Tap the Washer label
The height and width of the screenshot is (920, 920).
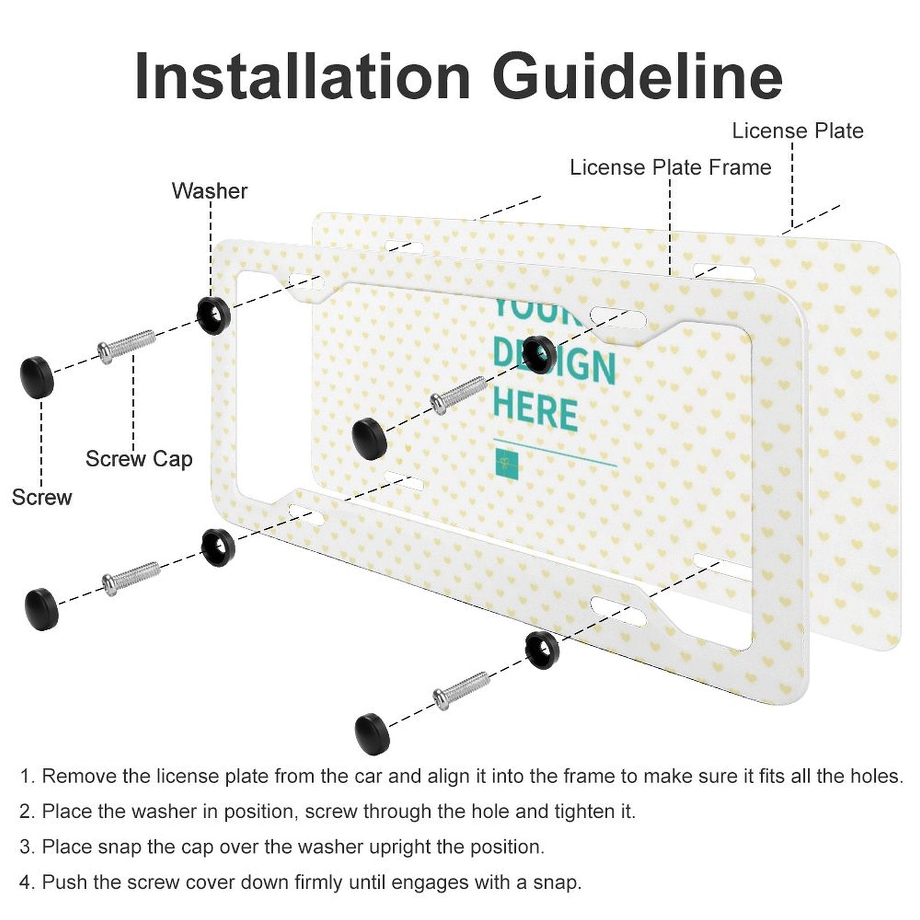point(209,191)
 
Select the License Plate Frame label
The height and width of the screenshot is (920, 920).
point(670,167)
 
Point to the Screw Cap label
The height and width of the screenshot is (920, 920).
point(139,459)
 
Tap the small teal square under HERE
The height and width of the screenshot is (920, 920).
point(507,463)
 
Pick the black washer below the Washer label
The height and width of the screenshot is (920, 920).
point(213,315)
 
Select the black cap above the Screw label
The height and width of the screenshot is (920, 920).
point(37,377)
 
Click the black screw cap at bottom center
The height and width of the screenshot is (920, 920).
point(372,733)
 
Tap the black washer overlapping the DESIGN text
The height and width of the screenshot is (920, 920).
point(539,354)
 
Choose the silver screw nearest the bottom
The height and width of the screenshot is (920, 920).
point(461,690)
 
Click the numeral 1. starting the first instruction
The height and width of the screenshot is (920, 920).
point(27,776)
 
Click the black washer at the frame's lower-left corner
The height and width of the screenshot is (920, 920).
point(218,547)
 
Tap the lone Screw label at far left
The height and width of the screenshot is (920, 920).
point(41,497)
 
